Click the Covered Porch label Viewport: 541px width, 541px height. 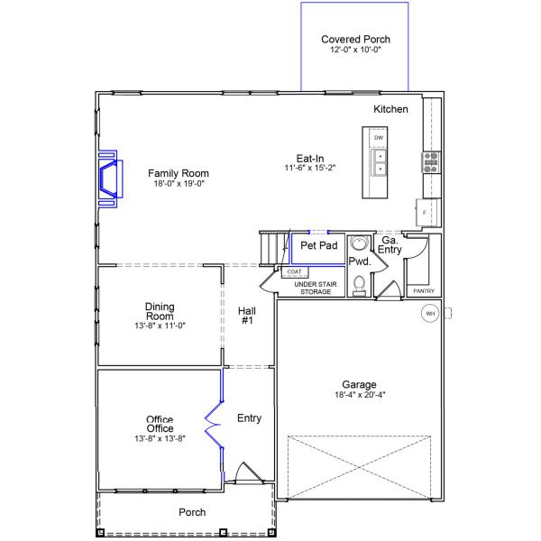pyautogui.click(x=356, y=40)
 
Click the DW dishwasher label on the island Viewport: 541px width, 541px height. pyautogui.click(x=380, y=138)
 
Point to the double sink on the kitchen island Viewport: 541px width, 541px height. pyautogui.click(x=380, y=162)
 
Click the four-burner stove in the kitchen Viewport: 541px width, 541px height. pyautogui.click(x=430, y=162)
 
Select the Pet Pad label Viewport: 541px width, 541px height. pyautogui.click(x=318, y=245)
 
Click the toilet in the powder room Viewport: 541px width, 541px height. pyautogui.click(x=359, y=283)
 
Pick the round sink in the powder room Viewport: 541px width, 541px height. pyautogui.click(x=359, y=245)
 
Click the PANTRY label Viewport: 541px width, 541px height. pyautogui.click(x=423, y=291)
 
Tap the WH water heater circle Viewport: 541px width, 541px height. pyautogui.click(x=429, y=313)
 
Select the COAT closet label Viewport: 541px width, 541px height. pyautogui.click(x=294, y=271)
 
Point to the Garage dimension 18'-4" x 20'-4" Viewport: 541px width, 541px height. pyautogui.click(x=359, y=394)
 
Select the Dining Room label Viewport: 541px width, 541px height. pyautogui.click(x=159, y=310)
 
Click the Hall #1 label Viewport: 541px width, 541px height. pyautogui.click(x=247, y=315)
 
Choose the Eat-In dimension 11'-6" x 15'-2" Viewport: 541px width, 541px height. pyautogui.click(x=310, y=168)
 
